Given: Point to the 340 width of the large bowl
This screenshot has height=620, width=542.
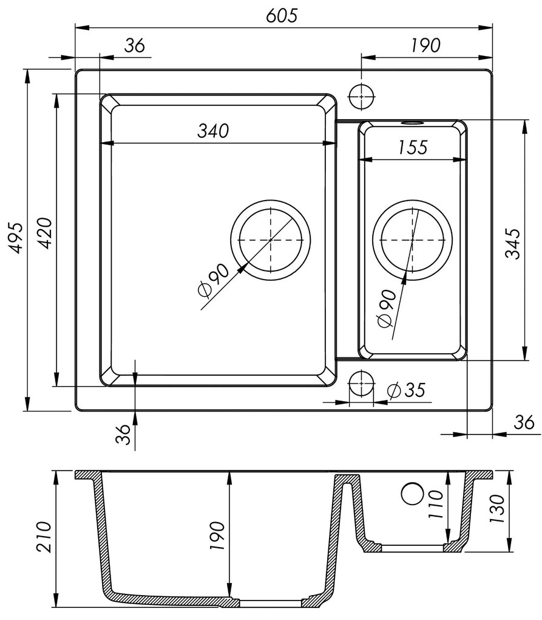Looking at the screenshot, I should click(212, 130).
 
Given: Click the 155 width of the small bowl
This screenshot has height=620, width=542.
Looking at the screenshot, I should click(413, 146).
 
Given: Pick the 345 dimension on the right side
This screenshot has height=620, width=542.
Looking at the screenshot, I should click(513, 243).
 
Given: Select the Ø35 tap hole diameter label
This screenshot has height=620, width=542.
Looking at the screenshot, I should click(405, 390).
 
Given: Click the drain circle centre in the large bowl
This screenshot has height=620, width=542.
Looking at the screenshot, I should click(270, 240).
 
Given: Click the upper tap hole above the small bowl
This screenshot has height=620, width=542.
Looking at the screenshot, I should click(362, 95).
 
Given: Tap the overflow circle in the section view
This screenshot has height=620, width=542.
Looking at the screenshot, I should click(414, 494).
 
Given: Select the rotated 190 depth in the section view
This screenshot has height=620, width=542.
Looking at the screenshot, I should click(218, 536).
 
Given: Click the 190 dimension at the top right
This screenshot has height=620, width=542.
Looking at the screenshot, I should click(425, 45).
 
